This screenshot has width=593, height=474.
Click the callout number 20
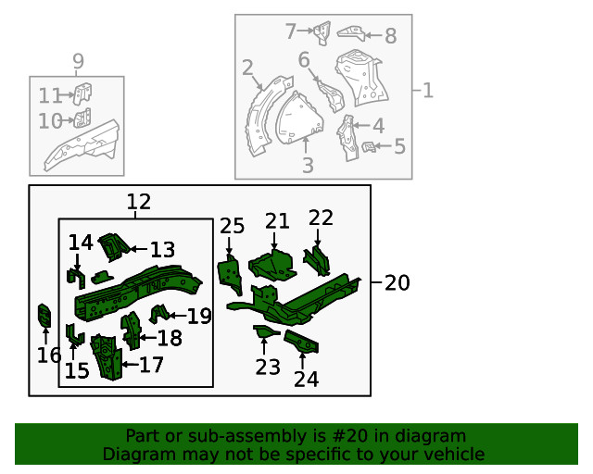point(397,283)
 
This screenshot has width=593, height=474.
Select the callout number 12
point(138,202)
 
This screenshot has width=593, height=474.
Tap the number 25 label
point(232,226)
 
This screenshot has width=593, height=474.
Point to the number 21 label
point(277,220)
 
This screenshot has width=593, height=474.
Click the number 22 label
point(321,218)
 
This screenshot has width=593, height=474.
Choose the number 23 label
point(268,368)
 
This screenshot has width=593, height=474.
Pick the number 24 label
point(306,379)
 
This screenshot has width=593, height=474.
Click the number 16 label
point(49,355)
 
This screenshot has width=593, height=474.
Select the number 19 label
point(199,317)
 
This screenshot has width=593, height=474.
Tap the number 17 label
point(151,365)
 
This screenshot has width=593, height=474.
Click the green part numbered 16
point(43,316)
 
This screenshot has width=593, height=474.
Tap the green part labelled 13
point(113,247)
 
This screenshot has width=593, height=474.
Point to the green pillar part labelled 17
point(107,357)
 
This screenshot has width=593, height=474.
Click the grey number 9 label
point(78,62)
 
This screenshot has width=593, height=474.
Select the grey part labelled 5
point(368,146)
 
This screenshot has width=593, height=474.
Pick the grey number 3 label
point(308,166)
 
